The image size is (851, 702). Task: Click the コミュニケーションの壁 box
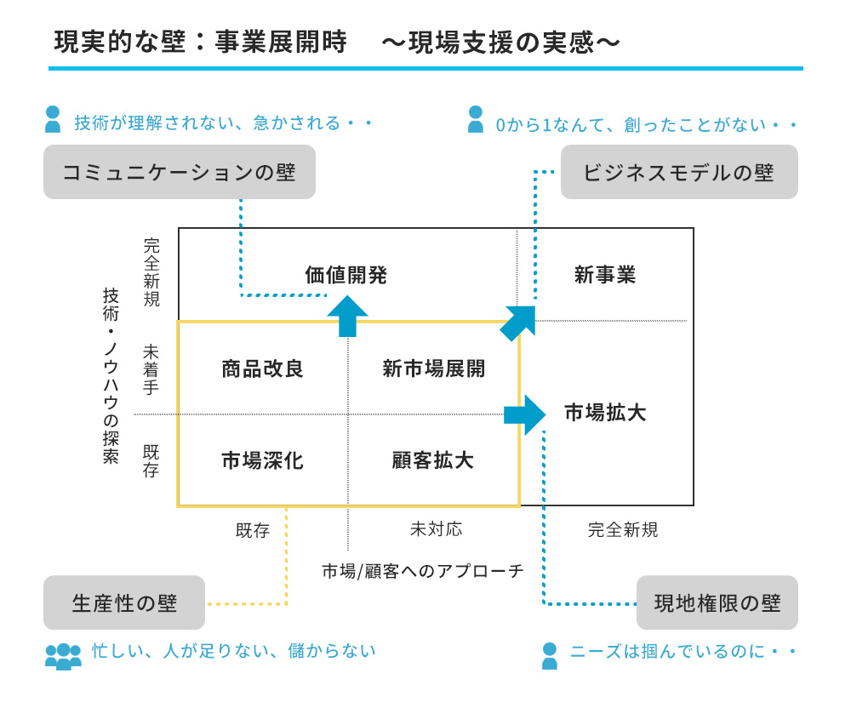coord(180,172)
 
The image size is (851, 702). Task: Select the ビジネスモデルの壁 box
coord(678,172)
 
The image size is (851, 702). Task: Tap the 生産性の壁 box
coord(124,603)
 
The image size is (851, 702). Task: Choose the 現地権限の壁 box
coord(717,603)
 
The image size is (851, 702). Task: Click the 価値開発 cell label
coord(346,275)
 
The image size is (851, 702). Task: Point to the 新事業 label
coord(605,275)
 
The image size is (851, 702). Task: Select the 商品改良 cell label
coord(262,368)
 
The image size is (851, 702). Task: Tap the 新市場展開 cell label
coord(434,368)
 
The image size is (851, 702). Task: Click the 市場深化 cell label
coord(262,460)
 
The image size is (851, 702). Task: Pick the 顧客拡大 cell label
coord(433,460)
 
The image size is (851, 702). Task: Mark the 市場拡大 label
coord(605,414)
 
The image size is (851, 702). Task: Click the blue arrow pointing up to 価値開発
coord(347,316)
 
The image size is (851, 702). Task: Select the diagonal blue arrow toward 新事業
coord(519,322)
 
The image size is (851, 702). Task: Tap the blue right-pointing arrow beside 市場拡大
coord(524,414)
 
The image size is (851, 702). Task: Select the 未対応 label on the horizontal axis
coord(436,529)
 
